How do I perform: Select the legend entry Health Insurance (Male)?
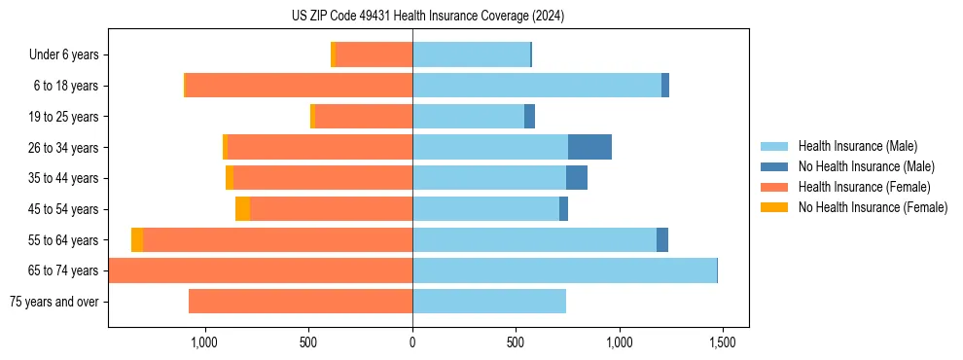coord(857,146)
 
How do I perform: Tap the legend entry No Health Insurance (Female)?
coord(873,207)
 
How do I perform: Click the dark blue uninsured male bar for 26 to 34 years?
coord(589,147)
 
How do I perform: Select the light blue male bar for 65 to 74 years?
coord(564,270)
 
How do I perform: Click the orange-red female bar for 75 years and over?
coord(301,302)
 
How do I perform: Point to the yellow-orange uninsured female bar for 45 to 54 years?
coord(242,209)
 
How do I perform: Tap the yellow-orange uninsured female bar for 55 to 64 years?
coord(137,240)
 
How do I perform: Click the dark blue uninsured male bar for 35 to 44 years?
coord(577,178)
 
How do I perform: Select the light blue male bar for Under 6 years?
coord(471,54)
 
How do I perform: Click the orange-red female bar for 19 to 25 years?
coord(364,117)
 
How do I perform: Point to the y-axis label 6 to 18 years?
coord(65,86)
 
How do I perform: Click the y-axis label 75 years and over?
coord(54,302)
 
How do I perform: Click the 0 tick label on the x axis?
coord(412,342)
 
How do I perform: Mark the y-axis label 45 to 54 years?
coord(63,209)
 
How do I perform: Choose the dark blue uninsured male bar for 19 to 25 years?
coord(529,117)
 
